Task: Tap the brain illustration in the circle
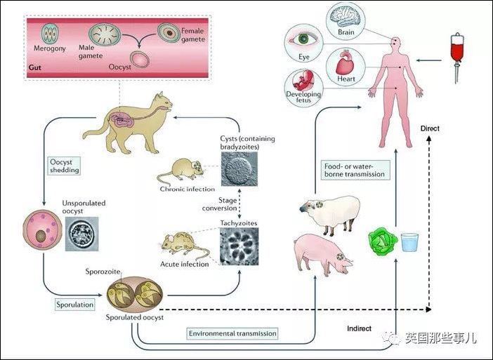346,16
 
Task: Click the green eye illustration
303,39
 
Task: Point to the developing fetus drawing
303,80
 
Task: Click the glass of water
409,242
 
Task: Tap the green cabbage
383,243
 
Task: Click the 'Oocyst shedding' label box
65,166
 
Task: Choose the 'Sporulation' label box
75,305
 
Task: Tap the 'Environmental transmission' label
232,333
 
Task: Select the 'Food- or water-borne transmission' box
355,170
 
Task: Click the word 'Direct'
430,128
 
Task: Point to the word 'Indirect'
359,328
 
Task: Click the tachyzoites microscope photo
239,246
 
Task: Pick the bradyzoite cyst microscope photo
239,169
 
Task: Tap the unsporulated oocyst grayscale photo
81,234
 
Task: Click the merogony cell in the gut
50,34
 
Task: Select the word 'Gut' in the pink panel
35,67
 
